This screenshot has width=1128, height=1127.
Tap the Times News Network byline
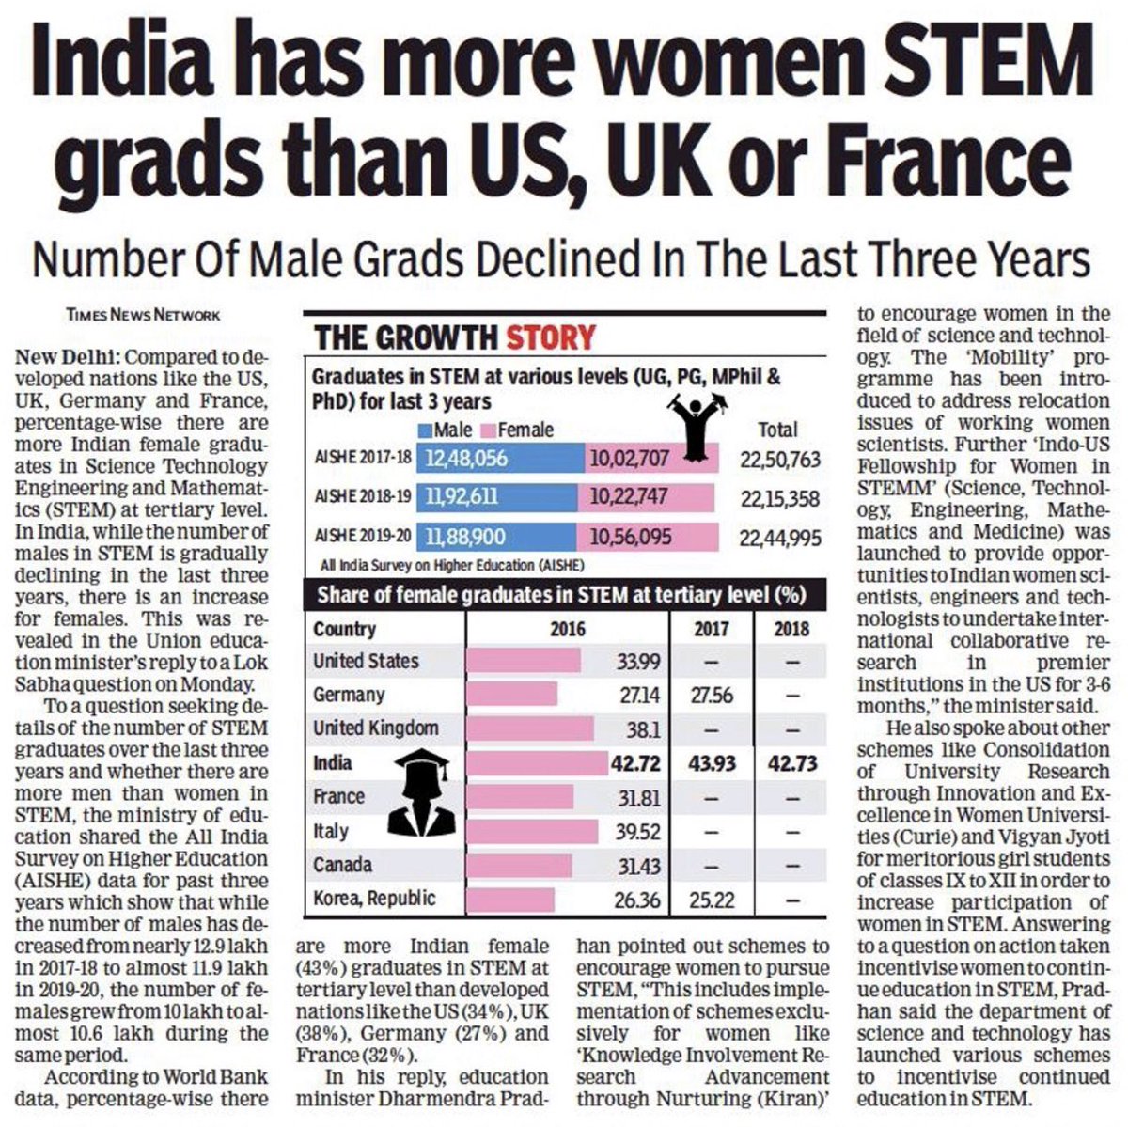(144, 315)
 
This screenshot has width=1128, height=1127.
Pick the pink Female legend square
(487, 430)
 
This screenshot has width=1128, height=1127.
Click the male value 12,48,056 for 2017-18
(467, 459)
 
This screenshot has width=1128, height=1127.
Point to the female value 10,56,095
(630, 537)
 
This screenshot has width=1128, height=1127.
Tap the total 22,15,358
(779, 498)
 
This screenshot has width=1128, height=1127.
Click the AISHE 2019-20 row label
(363, 538)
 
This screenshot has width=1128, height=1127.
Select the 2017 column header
(711, 628)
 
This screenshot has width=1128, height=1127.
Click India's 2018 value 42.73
(792, 762)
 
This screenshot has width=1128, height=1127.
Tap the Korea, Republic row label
(374, 899)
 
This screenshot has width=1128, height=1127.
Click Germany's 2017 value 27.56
(711, 696)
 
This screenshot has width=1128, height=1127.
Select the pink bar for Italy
(532, 831)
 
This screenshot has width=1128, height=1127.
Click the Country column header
(344, 629)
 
